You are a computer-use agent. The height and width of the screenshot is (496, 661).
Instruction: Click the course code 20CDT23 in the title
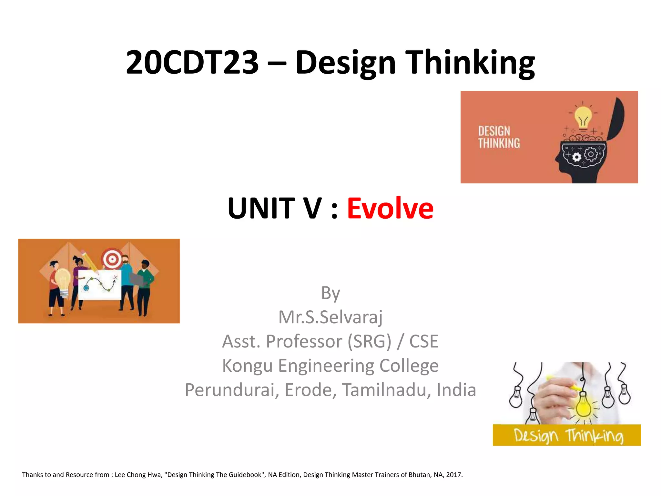192,62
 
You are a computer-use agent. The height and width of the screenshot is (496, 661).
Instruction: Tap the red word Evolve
390,208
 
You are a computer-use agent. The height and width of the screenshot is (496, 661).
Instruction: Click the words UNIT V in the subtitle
275,208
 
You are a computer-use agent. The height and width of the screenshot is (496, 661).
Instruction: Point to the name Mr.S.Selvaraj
330,317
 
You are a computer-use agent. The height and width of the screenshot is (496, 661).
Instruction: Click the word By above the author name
330,293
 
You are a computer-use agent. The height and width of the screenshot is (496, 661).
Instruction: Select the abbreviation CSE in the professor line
424,341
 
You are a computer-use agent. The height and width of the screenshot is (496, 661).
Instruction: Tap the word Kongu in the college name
247,366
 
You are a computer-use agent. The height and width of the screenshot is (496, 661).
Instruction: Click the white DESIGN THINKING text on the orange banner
499,137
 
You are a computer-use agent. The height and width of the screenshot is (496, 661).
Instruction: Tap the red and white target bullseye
112,258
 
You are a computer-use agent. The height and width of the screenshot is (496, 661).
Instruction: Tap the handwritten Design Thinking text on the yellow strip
568,436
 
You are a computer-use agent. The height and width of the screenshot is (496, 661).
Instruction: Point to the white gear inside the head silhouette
576,157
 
